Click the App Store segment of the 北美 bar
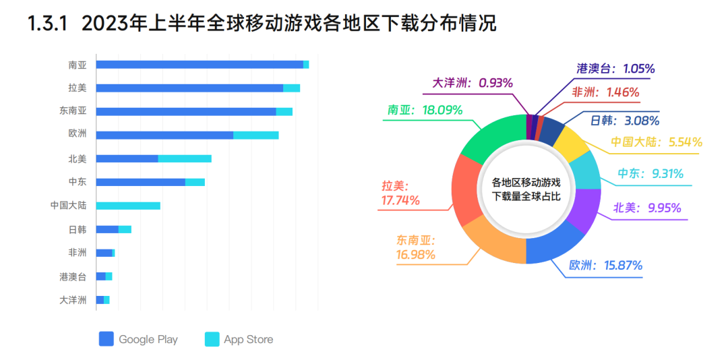click(x=185, y=158)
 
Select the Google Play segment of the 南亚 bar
click(x=199, y=65)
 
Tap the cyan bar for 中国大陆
click(x=128, y=206)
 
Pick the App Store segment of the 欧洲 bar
click(x=255, y=135)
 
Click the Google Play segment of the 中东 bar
click(x=140, y=182)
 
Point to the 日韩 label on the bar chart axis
click(x=78, y=229)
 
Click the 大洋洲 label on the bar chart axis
click(x=73, y=300)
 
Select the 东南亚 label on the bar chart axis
click(x=73, y=111)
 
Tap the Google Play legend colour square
click(x=106, y=339)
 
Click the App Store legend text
click(x=249, y=339)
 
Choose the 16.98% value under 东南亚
click(x=415, y=255)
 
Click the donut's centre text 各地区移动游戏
click(x=526, y=182)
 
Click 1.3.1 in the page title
click(x=47, y=25)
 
